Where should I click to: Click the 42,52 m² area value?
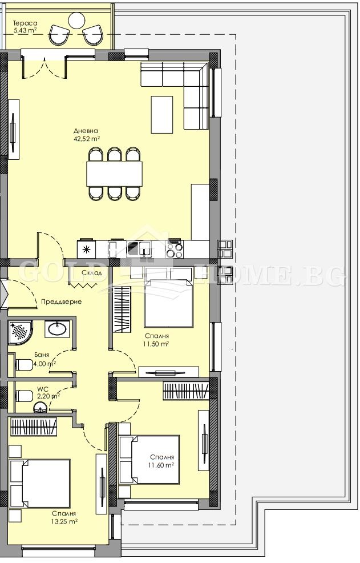point(86,138)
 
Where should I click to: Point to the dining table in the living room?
point(114,174)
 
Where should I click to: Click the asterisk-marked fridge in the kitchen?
point(86,248)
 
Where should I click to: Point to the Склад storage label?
point(91,273)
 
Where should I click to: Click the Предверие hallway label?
point(60,301)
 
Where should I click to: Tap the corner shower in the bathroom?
point(21,332)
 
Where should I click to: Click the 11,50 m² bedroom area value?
point(156,344)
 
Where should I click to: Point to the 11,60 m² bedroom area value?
point(161,465)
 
